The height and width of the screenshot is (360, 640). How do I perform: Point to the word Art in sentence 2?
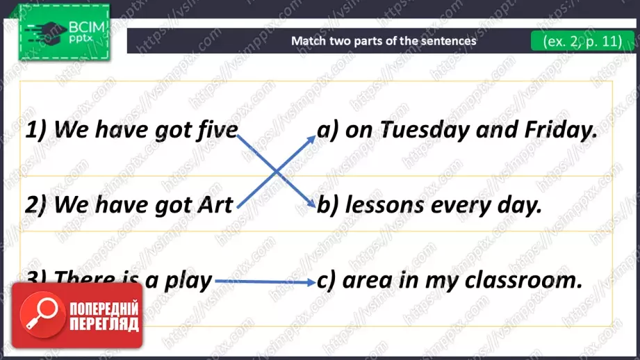click(x=215, y=204)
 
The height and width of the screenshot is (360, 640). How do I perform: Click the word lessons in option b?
click(x=385, y=204)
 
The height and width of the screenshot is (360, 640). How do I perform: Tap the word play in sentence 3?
click(x=188, y=281)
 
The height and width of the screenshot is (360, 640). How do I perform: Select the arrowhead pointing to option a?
click(x=311, y=140)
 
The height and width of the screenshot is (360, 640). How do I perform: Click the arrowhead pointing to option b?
click(x=311, y=203)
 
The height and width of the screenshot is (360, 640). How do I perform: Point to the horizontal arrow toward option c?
click(x=265, y=281)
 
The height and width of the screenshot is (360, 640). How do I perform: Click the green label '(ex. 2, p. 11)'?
click(x=582, y=41)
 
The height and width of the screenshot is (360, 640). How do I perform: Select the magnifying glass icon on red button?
click(x=42, y=314)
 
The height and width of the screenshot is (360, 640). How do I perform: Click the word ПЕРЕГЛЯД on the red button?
click(x=104, y=325)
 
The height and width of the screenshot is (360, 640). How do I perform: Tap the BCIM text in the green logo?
click(x=86, y=27)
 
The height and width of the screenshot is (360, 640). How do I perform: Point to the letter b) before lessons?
click(x=328, y=204)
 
